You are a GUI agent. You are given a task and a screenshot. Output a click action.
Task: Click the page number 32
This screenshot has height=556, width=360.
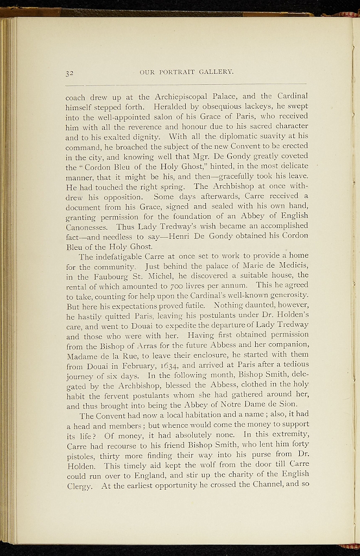(x=70, y=72)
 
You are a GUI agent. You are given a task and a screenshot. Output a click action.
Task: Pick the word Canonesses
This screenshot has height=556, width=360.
(x=89, y=225)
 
